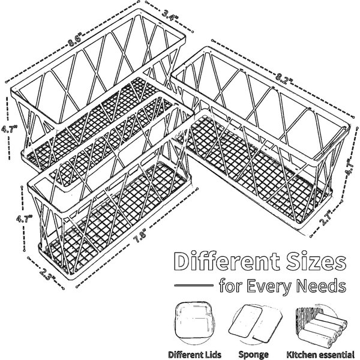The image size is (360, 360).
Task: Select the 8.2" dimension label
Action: (284, 77)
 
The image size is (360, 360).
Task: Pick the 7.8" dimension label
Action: (140, 237)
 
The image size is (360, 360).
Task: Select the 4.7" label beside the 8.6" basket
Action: (9, 129)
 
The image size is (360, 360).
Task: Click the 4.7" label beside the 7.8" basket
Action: (24, 218)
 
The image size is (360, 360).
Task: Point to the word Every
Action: (269, 287)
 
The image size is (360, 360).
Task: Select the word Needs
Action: (322, 286)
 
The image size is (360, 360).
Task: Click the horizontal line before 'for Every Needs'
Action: (194, 286)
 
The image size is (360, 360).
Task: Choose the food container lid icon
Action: (194, 323)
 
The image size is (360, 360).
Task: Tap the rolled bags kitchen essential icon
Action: (321, 325)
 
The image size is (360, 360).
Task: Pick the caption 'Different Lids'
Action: (194, 355)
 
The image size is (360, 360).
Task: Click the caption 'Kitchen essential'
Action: (320, 355)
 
